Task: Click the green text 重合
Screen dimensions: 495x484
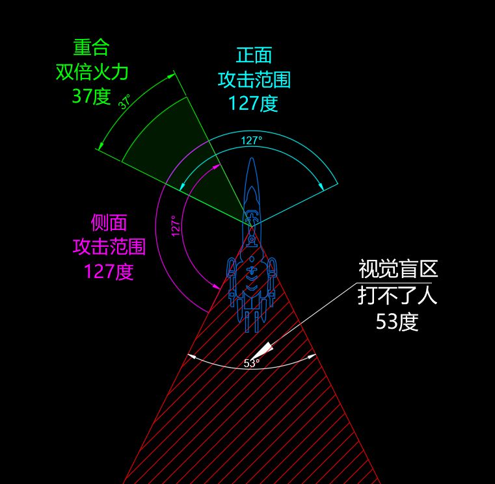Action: tap(92, 48)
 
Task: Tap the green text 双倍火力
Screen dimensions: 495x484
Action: tap(92, 72)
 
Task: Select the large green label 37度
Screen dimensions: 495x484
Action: tap(92, 96)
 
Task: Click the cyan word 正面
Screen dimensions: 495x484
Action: tap(254, 55)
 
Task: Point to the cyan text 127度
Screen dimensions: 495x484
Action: tap(253, 103)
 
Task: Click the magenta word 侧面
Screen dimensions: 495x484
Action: tap(109, 223)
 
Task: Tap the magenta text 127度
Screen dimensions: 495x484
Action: tap(109, 271)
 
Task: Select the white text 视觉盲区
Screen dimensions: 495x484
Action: tap(398, 269)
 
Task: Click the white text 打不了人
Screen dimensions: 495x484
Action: tap(397, 295)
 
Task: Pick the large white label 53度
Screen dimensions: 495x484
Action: tap(397, 322)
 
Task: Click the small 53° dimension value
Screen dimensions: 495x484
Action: tap(251, 363)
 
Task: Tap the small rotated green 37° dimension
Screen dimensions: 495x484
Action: tap(125, 101)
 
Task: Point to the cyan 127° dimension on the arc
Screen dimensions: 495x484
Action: tap(252, 140)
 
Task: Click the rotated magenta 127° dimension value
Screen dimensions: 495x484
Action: tap(176, 226)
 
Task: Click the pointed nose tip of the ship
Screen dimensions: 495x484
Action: tap(252, 158)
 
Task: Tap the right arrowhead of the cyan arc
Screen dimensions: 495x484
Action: tap(321, 186)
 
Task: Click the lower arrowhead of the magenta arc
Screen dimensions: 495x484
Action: tap(216, 287)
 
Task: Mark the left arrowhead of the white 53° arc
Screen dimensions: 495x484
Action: tap(192, 357)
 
